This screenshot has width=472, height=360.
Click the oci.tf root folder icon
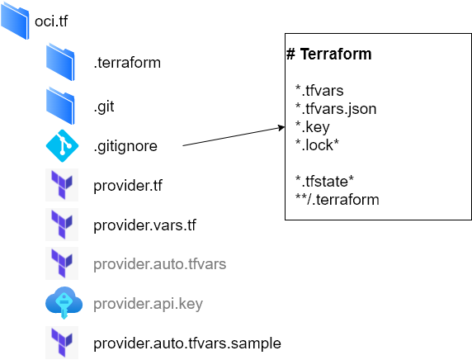[x=16, y=21]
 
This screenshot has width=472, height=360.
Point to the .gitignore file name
[x=125, y=146]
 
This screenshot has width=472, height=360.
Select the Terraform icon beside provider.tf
[x=61, y=185]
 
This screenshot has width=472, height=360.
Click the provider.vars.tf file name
[x=144, y=225]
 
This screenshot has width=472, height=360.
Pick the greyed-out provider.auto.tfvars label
[x=159, y=264]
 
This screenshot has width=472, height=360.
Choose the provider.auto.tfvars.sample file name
[x=187, y=343]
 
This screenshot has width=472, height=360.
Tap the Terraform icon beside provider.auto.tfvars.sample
[x=61, y=343]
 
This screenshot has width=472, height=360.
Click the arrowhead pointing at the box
[x=280, y=128]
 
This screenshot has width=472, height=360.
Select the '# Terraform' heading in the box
[x=328, y=54]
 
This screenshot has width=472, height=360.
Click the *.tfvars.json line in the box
[x=336, y=108]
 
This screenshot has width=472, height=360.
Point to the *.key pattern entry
[x=313, y=126]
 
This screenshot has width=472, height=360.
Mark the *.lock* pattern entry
[x=317, y=144]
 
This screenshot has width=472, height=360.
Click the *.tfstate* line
[x=325, y=181]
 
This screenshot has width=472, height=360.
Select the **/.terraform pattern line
[x=332, y=199]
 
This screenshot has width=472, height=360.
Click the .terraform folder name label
[x=127, y=62]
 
